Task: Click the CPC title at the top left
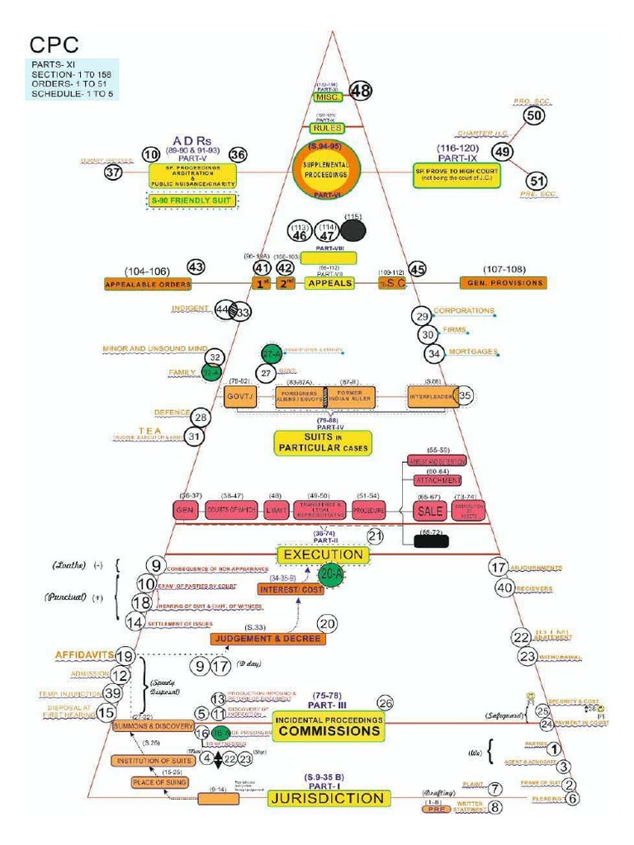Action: click(x=55, y=44)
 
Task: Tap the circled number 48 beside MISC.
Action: click(x=360, y=91)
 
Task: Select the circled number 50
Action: click(x=534, y=116)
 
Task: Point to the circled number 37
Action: click(x=114, y=172)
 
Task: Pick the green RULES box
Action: click(x=326, y=128)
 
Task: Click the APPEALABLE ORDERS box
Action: click(x=148, y=284)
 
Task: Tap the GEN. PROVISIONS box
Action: click(x=502, y=283)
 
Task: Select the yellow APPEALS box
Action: click(x=329, y=283)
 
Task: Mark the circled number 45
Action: click(x=418, y=269)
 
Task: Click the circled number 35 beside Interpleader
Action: click(x=466, y=396)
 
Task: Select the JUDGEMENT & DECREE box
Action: click(x=268, y=639)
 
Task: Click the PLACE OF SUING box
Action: click(x=158, y=781)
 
